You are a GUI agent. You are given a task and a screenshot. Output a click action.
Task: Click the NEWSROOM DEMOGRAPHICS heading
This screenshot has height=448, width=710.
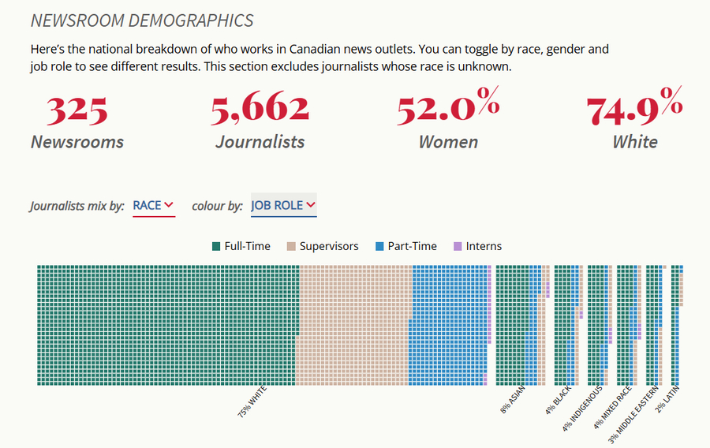(142, 21)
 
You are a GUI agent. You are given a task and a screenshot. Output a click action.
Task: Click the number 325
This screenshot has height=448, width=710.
(77, 110)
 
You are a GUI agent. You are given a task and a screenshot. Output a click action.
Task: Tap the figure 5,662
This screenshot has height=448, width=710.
(260, 110)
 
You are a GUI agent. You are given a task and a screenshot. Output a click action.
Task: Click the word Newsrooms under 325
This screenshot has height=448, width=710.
(77, 142)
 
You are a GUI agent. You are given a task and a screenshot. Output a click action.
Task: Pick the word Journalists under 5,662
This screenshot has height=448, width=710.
(260, 142)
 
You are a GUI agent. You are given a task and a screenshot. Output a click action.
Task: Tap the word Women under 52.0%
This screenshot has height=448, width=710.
(448, 142)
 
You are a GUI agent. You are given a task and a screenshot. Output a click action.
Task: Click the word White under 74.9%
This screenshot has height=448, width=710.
(634, 142)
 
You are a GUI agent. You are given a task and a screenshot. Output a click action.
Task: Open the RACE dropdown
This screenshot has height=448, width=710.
(153, 205)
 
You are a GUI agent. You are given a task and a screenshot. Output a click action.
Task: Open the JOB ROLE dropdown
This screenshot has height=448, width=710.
(283, 205)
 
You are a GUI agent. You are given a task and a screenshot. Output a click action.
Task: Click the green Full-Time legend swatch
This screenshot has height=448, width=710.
(216, 246)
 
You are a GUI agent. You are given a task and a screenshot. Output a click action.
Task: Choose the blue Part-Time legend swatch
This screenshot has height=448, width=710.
(380, 246)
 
